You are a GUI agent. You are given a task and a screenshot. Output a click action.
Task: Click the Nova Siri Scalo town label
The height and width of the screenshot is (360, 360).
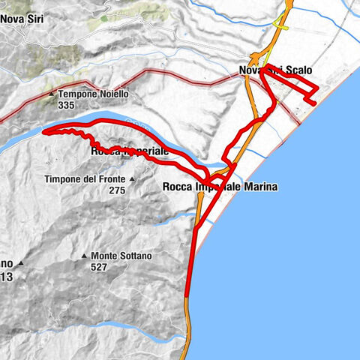tap(275, 70)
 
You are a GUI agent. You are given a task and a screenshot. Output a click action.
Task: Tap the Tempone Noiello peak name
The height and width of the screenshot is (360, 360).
tap(94, 94)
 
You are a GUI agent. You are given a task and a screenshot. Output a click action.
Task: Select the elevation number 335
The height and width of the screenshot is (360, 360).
tap(65, 106)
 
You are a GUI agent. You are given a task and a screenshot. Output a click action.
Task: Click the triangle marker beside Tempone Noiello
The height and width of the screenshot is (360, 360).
tap(51, 94)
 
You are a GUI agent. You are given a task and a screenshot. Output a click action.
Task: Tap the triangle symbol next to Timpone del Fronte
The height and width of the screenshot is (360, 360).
tap(131, 179)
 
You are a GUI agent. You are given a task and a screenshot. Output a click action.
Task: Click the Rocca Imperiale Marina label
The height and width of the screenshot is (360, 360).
tap(220, 187)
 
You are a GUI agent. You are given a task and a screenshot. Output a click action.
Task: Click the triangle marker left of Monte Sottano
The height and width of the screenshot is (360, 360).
tap(84, 256)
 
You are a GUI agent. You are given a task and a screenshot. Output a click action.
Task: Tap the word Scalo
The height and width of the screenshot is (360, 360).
tap(296, 70)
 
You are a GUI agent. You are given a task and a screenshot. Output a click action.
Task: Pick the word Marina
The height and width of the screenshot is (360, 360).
tap(259, 187)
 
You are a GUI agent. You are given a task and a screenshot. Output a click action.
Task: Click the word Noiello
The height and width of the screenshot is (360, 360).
tap(112, 94)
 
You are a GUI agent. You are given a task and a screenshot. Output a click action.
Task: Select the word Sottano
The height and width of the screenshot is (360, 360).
tap(135, 256)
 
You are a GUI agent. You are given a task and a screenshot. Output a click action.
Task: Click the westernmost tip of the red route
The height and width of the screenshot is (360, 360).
tap(44, 132)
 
